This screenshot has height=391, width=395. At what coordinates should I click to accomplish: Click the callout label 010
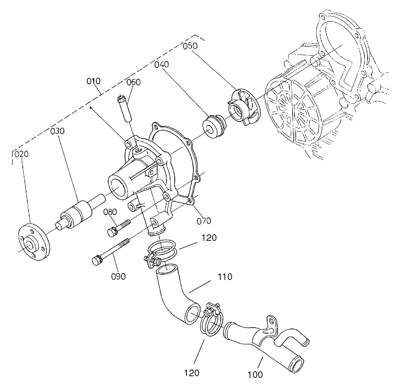(94, 81)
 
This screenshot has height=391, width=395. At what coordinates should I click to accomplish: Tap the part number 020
(21, 154)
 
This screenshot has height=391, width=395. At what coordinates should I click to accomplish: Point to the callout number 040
(162, 64)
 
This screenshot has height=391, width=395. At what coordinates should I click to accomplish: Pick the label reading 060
(134, 82)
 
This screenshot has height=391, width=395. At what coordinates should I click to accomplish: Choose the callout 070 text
(205, 220)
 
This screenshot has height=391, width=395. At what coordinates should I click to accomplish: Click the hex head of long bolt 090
(97, 260)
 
